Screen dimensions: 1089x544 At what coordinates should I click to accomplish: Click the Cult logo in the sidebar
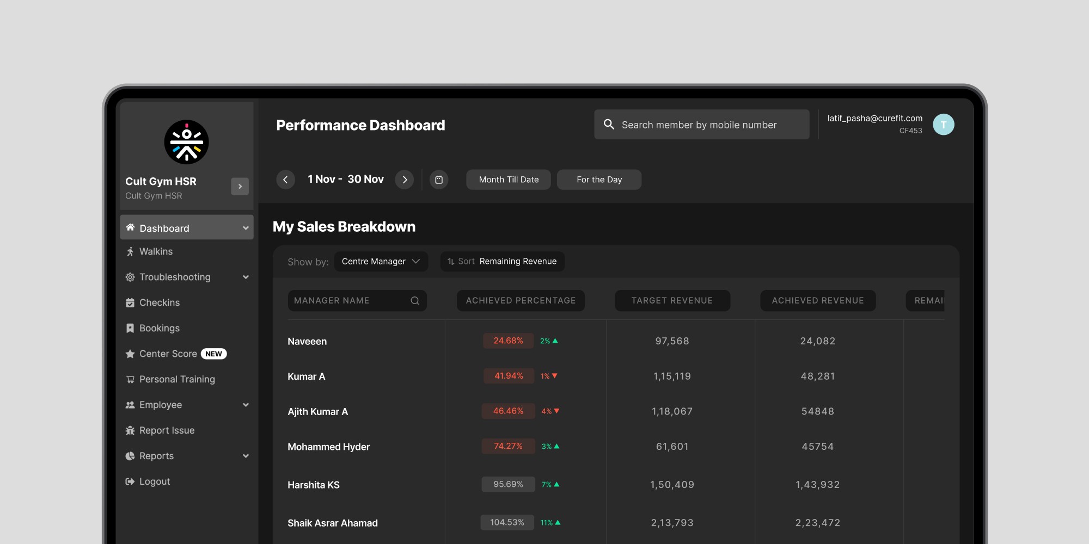[x=186, y=142]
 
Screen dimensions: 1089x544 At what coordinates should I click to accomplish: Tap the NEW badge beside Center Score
[x=214, y=354]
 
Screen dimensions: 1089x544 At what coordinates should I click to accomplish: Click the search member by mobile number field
[x=701, y=125]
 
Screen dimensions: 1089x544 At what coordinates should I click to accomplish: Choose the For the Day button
[x=599, y=180]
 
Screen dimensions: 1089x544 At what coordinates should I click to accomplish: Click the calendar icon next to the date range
[x=439, y=180]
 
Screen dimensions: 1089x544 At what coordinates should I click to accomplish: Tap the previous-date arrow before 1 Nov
[x=285, y=180]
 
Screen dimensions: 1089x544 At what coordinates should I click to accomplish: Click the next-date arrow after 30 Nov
[x=405, y=180]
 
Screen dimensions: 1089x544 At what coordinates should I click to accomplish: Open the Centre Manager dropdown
[x=381, y=261]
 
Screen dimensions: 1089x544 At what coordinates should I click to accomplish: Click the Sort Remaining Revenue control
[x=502, y=261]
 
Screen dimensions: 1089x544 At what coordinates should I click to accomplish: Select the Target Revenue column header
[x=672, y=300]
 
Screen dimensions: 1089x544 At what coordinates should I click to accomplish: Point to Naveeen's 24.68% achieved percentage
[x=508, y=341]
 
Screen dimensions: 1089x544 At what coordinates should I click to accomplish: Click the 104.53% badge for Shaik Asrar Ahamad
[x=507, y=522]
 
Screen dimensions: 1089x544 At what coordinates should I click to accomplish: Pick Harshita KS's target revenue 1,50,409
[x=672, y=485]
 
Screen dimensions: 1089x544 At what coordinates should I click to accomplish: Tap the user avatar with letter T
[x=944, y=125]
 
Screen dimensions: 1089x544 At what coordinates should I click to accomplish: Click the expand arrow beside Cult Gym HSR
[x=240, y=187]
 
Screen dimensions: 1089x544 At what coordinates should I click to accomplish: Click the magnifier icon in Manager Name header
[x=415, y=301]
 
